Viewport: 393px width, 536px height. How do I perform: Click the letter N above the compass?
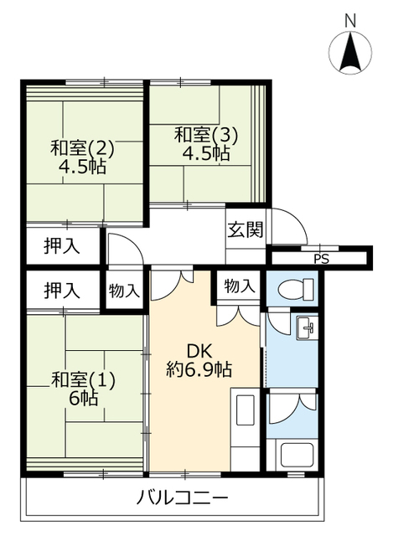pos(350,21)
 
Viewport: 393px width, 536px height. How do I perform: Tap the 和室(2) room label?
pos(82,149)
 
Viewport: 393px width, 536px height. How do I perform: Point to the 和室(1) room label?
pos(83,380)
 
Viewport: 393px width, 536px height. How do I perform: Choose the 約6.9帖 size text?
pos(199,369)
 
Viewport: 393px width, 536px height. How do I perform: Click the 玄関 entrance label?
pos(246,229)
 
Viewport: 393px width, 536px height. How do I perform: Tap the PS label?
pos(321,259)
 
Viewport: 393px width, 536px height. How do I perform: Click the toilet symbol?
pos(296,290)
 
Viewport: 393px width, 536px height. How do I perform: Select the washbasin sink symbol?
pos(307,327)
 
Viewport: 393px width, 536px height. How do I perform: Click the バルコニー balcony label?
pos(182,497)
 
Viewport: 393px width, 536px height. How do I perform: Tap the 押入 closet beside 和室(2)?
pos(62,245)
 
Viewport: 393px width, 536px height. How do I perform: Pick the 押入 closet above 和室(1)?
pos(62,291)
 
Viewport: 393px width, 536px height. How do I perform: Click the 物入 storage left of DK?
pos(124,291)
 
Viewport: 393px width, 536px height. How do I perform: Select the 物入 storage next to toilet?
pos(240,286)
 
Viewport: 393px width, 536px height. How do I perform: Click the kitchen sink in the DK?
pos(246,410)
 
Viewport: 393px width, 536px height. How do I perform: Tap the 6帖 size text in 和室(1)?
pos(84,398)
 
